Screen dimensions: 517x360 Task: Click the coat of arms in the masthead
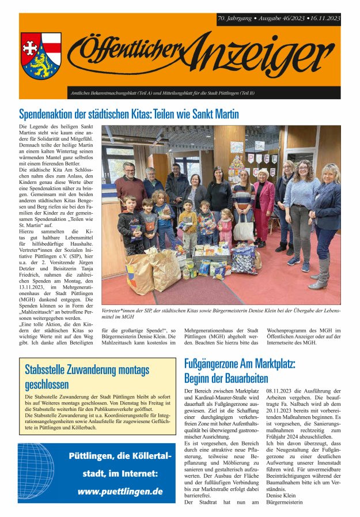pos(41,55)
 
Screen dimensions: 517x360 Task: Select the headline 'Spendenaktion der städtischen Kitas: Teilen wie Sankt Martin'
pos(128,114)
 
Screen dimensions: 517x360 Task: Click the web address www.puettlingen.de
pos(120,492)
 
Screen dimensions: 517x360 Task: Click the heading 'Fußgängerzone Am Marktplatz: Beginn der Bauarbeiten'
pos(240,371)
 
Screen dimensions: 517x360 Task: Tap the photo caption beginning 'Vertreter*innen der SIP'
pos(221,313)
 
